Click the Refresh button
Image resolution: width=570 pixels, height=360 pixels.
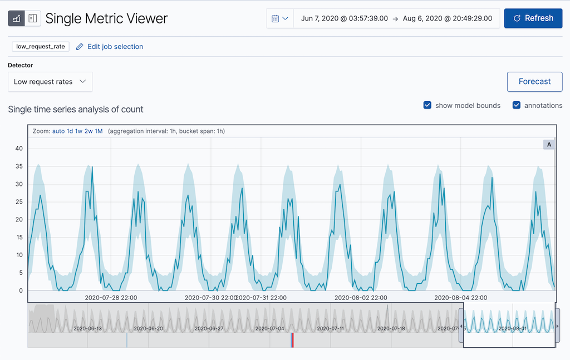[533, 18]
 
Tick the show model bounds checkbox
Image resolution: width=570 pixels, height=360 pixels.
[427, 105]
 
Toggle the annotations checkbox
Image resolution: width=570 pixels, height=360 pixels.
[517, 105]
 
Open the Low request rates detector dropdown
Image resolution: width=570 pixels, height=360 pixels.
[50, 82]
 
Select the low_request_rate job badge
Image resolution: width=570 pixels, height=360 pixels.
[41, 47]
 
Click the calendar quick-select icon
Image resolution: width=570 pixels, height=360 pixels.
[280, 18]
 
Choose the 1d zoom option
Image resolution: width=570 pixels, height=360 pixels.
[70, 131]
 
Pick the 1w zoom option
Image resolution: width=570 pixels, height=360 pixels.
[79, 131]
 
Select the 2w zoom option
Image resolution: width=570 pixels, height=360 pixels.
[89, 131]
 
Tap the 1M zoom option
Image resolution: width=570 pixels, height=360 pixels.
[99, 131]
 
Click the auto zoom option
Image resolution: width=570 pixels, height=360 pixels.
[58, 131]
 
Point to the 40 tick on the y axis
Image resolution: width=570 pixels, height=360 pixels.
[19, 149]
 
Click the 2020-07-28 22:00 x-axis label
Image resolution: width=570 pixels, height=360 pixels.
[111, 298]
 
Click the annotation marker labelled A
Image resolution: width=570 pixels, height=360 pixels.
[549, 145]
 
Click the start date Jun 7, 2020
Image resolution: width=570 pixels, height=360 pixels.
[344, 18]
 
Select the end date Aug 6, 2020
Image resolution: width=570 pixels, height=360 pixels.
[447, 18]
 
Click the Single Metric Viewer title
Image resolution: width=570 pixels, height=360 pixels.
[106, 18]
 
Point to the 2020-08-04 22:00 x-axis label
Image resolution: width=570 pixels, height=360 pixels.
[461, 298]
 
